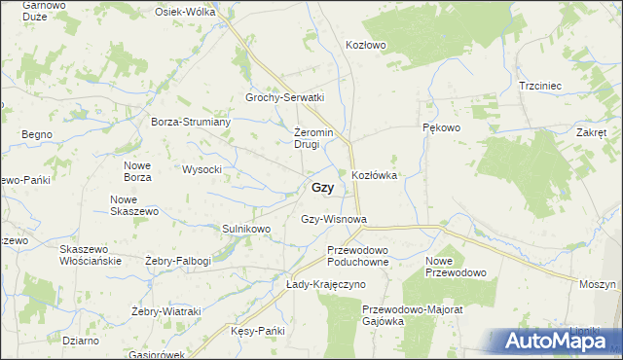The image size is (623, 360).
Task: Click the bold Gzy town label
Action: coord(323,189)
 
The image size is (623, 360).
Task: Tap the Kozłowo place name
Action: coord(367,45)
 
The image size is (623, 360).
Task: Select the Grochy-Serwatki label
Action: coord(284,98)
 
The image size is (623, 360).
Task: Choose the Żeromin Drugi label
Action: coord(313,138)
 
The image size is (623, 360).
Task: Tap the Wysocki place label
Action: coord(202,169)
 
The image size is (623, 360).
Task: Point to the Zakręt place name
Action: coord(591,132)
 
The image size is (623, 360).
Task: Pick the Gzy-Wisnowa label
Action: coord(333,219)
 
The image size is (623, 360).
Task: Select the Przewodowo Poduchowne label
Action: coord(357,255)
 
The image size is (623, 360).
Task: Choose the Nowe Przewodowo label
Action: coord(456,267)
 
